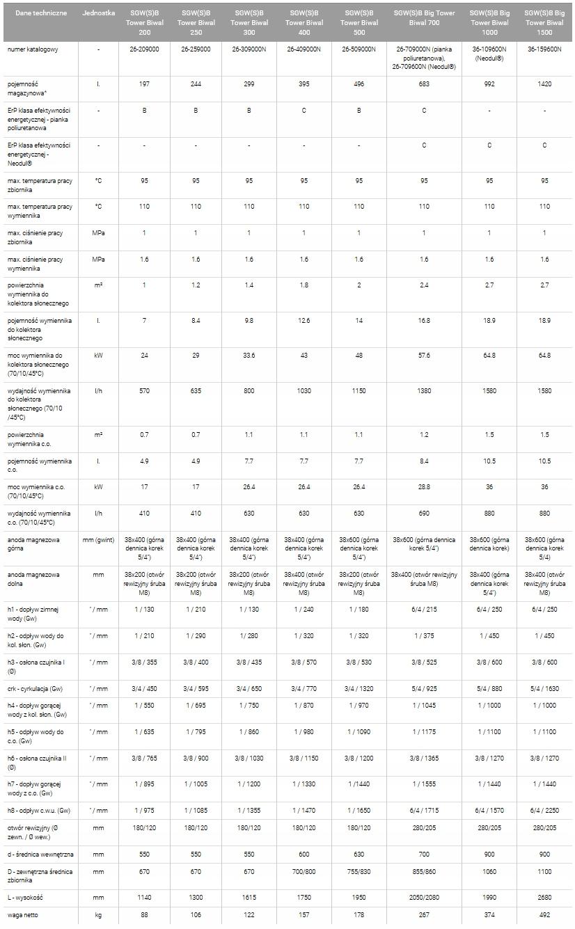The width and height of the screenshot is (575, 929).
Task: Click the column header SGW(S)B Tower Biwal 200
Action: point(144,22)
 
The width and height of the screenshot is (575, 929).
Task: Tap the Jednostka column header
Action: point(98,13)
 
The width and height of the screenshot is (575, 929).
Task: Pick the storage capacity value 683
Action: point(424,84)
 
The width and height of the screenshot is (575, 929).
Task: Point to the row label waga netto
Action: point(22,914)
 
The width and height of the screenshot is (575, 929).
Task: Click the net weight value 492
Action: point(544,914)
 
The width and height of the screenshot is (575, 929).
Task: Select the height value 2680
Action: point(544,898)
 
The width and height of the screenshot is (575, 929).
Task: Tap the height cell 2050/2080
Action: point(424,898)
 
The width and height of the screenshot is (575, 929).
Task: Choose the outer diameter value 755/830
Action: point(359,871)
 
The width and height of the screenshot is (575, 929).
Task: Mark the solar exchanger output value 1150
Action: point(359,391)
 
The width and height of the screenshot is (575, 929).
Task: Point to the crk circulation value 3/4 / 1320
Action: point(359,688)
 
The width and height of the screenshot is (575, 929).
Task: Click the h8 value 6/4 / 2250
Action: point(544,810)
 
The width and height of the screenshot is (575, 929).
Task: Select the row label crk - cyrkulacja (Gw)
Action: point(37,688)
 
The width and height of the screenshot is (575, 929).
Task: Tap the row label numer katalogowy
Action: point(33,49)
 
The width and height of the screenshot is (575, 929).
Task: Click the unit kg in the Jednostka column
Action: point(98,914)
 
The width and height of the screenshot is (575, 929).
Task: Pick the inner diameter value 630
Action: point(359,854)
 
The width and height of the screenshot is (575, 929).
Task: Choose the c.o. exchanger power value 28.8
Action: point(424,487)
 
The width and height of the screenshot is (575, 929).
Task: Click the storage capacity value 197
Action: point(144,84)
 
